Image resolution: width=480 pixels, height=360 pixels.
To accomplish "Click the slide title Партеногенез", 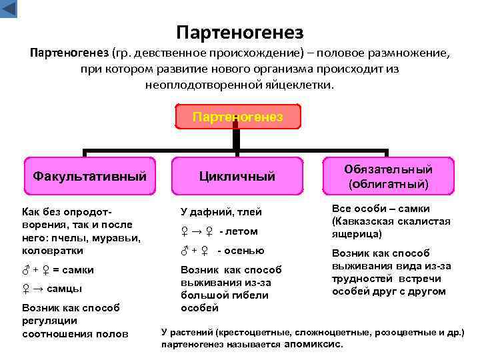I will click(x=240, y=32).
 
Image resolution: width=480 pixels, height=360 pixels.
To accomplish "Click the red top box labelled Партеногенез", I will click(x=237, y=117).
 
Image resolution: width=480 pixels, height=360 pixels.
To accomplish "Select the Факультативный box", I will click(x=90, y=177).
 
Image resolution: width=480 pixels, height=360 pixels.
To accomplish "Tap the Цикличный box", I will click(x=237, y=177).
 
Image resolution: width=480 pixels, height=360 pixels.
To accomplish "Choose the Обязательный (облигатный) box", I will click(x=389, y=176).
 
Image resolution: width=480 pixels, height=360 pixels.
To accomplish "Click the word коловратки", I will click(x=53, y=251).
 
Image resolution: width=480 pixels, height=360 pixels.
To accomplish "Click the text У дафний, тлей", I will click(x=221, y=212).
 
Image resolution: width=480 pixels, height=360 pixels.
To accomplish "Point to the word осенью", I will click(x=245, y=251).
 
